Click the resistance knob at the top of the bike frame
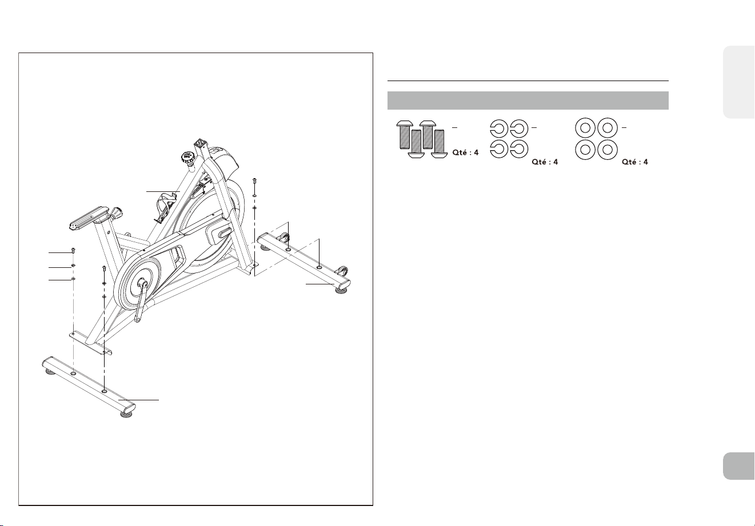click(187, 158)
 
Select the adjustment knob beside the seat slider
click(117, 214)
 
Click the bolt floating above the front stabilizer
click(254, 183)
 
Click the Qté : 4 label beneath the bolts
click(465, 152)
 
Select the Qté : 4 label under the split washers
click(545, 162)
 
